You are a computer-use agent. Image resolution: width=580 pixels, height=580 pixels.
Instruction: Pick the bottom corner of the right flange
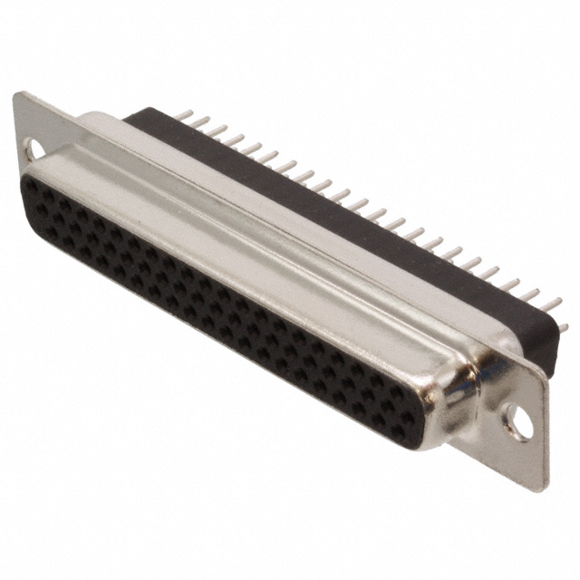click(x=546, y=488)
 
